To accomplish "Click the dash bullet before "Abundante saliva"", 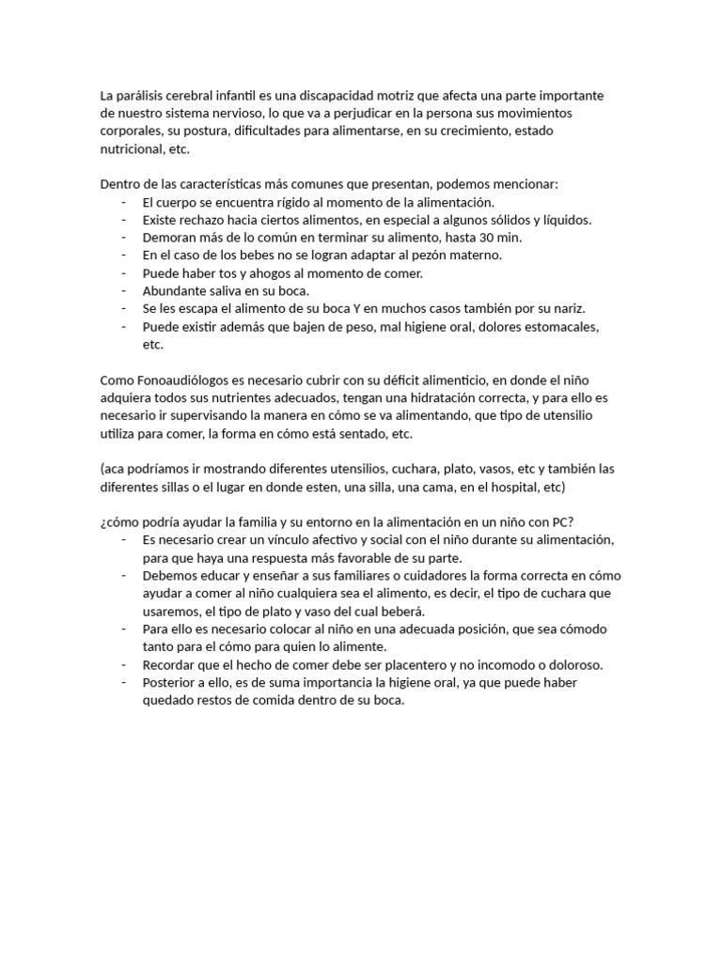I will point(124,290).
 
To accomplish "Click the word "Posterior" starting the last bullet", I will point(168,682).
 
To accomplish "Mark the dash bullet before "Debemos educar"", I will point(124,575).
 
